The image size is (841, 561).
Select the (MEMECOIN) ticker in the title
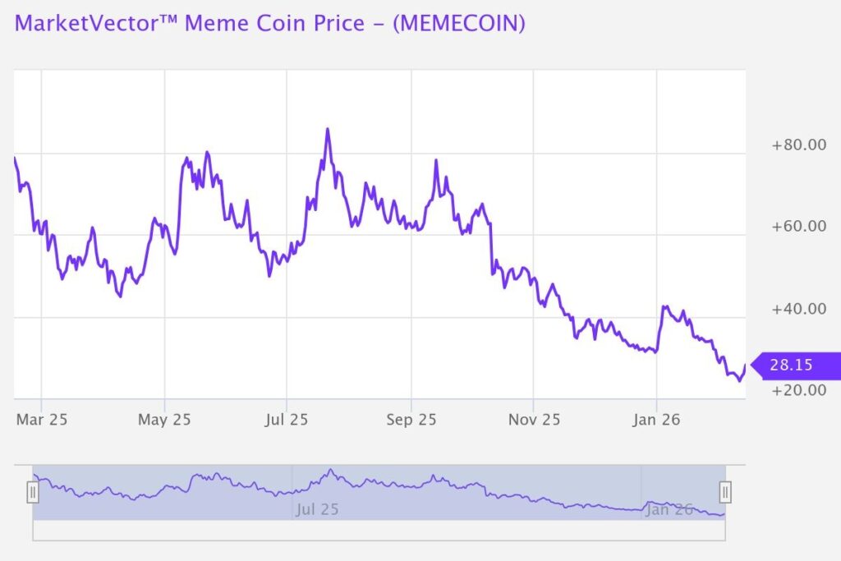pyautogui.click(x=458, y=23)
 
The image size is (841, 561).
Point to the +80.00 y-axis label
pyautogui.click(x=799, y=145)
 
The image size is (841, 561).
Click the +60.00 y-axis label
pyautogui.click(x=799, y=227)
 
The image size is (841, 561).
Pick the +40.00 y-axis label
pyautogui.click(x=799, y=309)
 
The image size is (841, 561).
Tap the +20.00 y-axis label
pyautogui.click(x=799, y=389)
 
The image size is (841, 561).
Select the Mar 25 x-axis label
pyautogui.click(x=42, y=420)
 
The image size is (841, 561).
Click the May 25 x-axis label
pyautogui.click(x=164, y=420)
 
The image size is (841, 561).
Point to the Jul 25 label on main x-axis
pyautogui.click(x=287, y=420)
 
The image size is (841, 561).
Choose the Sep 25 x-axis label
pyautogui.click(x=411, y=420)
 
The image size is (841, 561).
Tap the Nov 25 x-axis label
pyautogui.click(x=534, y=420)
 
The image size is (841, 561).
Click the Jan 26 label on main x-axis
pyautogui.click(x=656, y=420)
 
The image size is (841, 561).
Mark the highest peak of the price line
pyautogui.click(x=327, y=130)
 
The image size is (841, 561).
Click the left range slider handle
pyautogui.click(x=33, y=492)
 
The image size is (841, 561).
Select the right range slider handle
pyautogui.click(x=725, y=492)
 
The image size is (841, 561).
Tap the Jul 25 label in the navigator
pyautogui.click(x=317, y=509)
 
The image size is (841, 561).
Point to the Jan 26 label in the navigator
pyautogui.click(x=669, y=509)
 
